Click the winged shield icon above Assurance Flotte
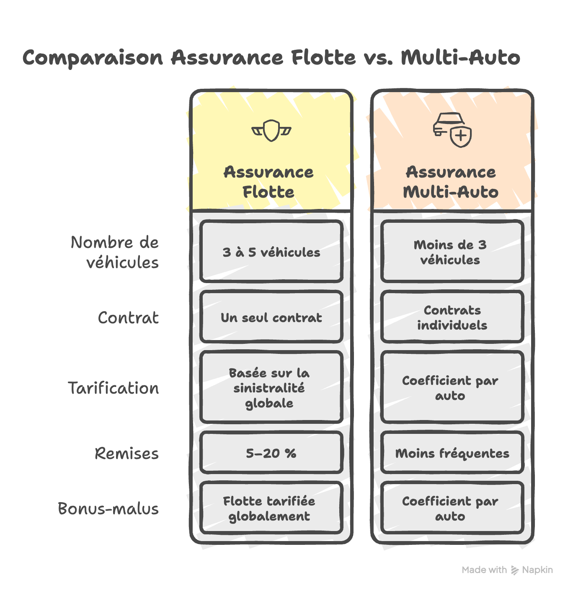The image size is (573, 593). click(271, 130)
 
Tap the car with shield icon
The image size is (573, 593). click(452, 129)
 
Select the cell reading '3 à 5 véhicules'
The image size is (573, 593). click(271, 251)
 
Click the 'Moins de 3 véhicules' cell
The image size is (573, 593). click(452, 251)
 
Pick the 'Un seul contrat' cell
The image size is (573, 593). click(271, 317)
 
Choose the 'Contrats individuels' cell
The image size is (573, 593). click(452, 317)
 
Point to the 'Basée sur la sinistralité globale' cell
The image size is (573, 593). click(271, 387)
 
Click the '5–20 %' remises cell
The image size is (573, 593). click(271, 452)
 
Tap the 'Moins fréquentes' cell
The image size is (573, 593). click(452, 452)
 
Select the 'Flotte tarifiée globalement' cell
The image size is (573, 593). click(271, 508)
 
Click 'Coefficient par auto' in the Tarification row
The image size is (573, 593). click(452, 387)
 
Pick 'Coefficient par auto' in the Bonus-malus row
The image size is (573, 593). click(452, 508)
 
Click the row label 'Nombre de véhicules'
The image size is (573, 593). click(115, 252)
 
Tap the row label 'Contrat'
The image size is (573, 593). click(128, 317)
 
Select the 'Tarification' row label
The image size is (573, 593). click(114, 388)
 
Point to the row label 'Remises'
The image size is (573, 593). click(126, 453)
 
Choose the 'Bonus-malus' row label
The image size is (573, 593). click(108, 508)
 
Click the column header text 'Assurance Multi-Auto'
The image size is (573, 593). click(450, 182)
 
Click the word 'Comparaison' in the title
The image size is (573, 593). click(93, 58)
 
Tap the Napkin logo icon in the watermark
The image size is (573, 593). click(514, 570)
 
